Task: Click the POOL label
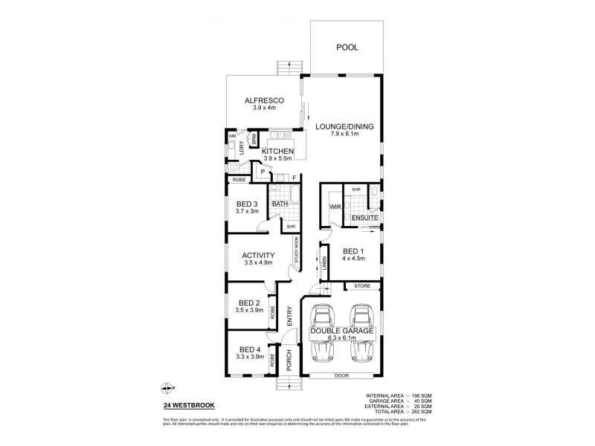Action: tap(347, 47)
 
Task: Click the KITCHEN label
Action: tap(278, 152)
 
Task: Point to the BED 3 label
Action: tap(247, 204)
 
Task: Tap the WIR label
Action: tap(335, 207)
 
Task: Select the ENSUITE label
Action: tap(365, 218)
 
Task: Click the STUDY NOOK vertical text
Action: tap(297, 250)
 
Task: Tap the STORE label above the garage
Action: tap(362, 285)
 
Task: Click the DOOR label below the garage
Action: tap(341, 376)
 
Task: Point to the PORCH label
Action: tap(289, 361)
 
